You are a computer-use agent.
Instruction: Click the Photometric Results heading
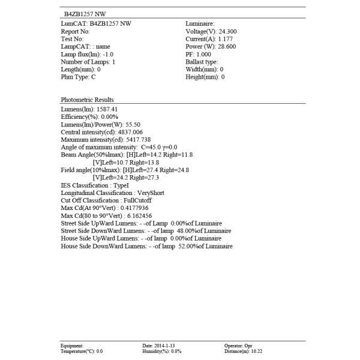coord(87,100)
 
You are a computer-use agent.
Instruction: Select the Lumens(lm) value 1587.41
coord(107,109)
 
